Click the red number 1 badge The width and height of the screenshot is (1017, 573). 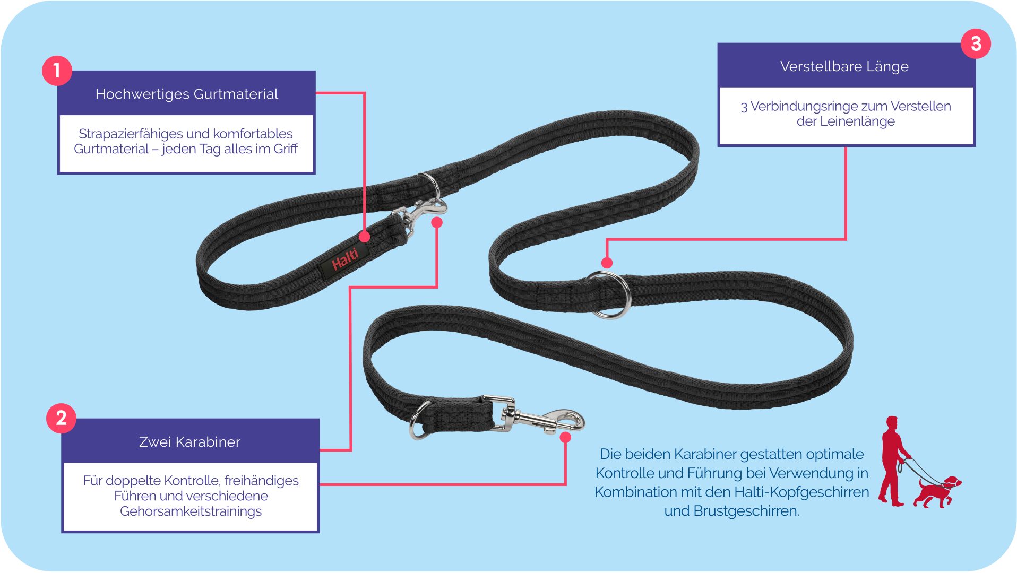(x=57, y=71)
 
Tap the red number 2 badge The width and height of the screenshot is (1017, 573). (x=61, y=418)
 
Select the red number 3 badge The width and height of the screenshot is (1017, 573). (x=976, y=44)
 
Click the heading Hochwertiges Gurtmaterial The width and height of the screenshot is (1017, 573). (x=187, y=94)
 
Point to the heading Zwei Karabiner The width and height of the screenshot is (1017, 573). (x=189, y=442)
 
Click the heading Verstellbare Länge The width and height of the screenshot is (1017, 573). (x=844, y=66)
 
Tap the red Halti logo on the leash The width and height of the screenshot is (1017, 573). (x=345, y=258)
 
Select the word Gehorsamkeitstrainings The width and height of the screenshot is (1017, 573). (x=191, y=511)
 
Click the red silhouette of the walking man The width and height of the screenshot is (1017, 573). (x=894, y=461)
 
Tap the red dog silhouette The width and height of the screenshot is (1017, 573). (x=937, y=492)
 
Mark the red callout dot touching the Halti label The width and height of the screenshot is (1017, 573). (x=365, y=236)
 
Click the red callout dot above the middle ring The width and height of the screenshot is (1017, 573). (x=607, y=263)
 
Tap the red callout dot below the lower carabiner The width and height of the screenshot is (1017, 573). (x=565, y=437)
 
